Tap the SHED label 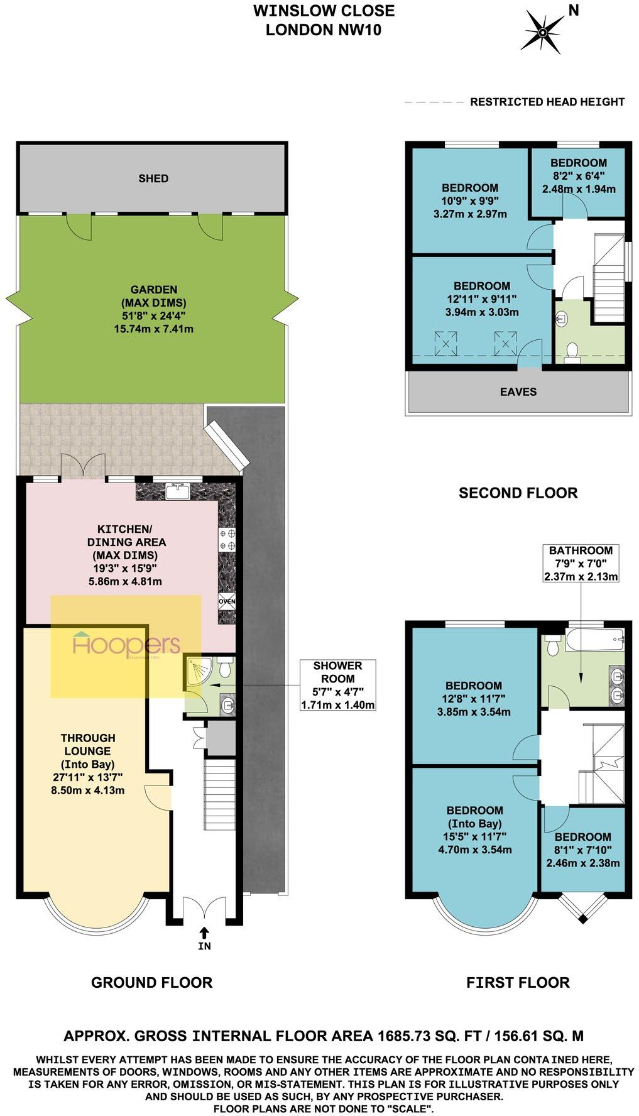click(x=153, y=178)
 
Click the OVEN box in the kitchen click(x=227, y=601)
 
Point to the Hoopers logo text click(x=126, y=645)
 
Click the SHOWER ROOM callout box click(x=338, y=684)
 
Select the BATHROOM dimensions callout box click(x=581, y=563)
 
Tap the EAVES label click(x=518, y=391)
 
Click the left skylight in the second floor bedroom click(x=445, y=343)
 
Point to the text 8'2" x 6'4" click(x=579, y=176)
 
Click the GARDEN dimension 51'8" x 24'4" click(x=154, y=315)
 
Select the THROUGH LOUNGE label click(x=88, y=744)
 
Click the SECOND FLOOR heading click(x=518, y=493)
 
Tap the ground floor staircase click(x=219, y=794)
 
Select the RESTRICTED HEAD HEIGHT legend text click(x=547, y=102)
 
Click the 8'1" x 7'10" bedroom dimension click(x=582, y=850)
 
